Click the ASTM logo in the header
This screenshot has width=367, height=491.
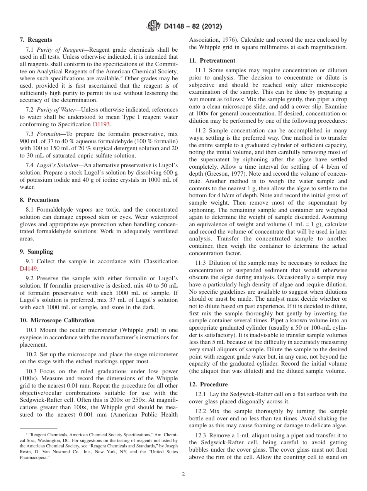pyautogui.click(x=154, y=26)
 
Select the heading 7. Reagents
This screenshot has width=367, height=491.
pyautogui.click(x=36, y=40)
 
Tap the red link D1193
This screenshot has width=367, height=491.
pyautogui.click(x=101, y=124)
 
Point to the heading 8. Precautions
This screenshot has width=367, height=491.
pyautogui.click(x=39, y=200)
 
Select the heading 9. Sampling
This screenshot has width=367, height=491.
pyautogui.click(x=36, y=252)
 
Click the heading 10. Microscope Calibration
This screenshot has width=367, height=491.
pyautogui.click(x=57, y=320)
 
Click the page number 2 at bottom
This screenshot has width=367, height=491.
pyautogui.click(x=183, y=474)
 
